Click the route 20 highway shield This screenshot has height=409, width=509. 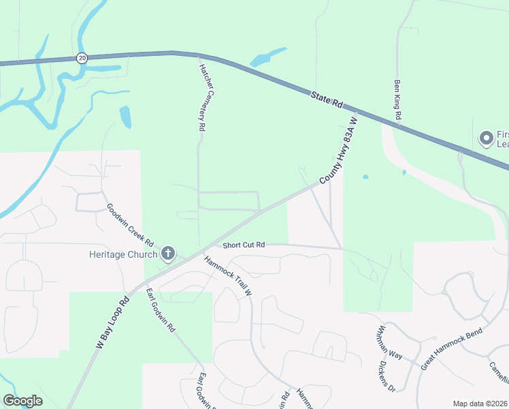[82, 58]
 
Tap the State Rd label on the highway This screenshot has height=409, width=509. [327, 100]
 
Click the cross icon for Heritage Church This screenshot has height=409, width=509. [168, 255]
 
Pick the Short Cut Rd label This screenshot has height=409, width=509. [243, 244]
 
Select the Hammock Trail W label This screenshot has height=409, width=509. [228, 275]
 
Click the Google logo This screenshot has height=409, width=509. [22, 400]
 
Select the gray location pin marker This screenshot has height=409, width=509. [486, 138]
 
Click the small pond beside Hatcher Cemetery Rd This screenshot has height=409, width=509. [125, 117]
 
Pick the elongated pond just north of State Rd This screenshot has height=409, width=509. [267, 57]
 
